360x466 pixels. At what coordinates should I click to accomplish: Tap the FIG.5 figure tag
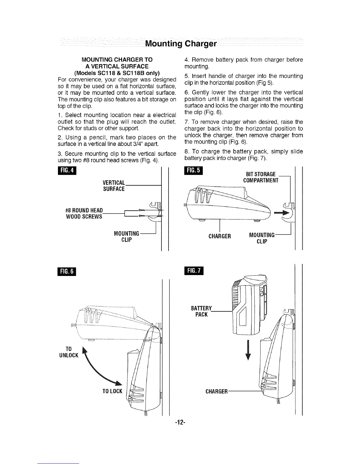click(191, 171)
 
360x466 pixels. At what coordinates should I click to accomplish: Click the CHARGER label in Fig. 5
click(220, 236)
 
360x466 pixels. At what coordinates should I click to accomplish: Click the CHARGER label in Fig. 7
click(216, 391)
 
